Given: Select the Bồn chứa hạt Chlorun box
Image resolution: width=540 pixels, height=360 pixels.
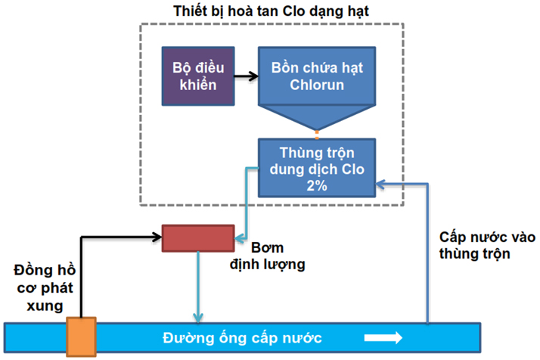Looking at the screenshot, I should click(x=316, y=76).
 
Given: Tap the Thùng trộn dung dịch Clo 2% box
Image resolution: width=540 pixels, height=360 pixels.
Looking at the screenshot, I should click(x=316, y=167).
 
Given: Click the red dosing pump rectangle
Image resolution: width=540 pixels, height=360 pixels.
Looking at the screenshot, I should click(x=198, y=237).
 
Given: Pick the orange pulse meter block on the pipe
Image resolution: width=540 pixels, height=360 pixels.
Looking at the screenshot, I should click(x=81, y=336).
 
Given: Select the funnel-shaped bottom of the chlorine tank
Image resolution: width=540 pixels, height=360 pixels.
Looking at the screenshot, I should click(x=316, y=116).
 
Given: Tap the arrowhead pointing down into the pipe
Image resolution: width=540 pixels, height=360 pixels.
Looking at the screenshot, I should click(x=198, y=317).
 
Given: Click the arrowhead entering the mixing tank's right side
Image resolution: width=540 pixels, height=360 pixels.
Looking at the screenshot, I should click(x=381, y=182).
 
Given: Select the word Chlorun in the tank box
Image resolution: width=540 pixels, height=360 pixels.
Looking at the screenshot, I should click(x=317, y=85).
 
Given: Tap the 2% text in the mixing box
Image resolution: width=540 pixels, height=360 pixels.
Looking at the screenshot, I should click(x=317, y=185).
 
